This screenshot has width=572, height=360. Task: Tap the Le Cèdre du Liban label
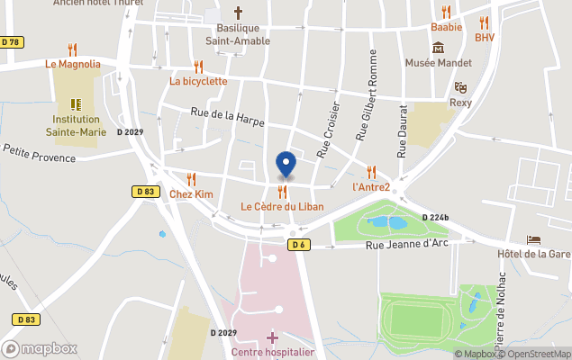[x=282, y=207]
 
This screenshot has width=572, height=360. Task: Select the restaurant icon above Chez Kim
[x=191, y=179]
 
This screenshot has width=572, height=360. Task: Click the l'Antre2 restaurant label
[x=371, y=187]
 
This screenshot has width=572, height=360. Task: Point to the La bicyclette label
[x=198, y=81]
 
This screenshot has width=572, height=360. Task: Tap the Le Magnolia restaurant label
[x=73, y=65]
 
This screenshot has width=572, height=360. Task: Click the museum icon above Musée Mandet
[x=438, y=47]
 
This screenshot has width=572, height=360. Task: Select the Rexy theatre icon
[x=460, y=87]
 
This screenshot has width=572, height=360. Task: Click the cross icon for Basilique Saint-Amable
[x=239, y=13]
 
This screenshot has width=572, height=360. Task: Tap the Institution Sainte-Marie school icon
[x=76, y=103]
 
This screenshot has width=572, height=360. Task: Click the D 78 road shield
[x=11, y=42]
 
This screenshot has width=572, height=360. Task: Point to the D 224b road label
[x=436, y=218]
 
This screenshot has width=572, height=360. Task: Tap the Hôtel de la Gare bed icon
[x=534, y=240]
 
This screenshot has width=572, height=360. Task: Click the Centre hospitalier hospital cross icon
[x=273, y=337]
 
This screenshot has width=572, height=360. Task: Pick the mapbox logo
[x=40, y=348]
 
